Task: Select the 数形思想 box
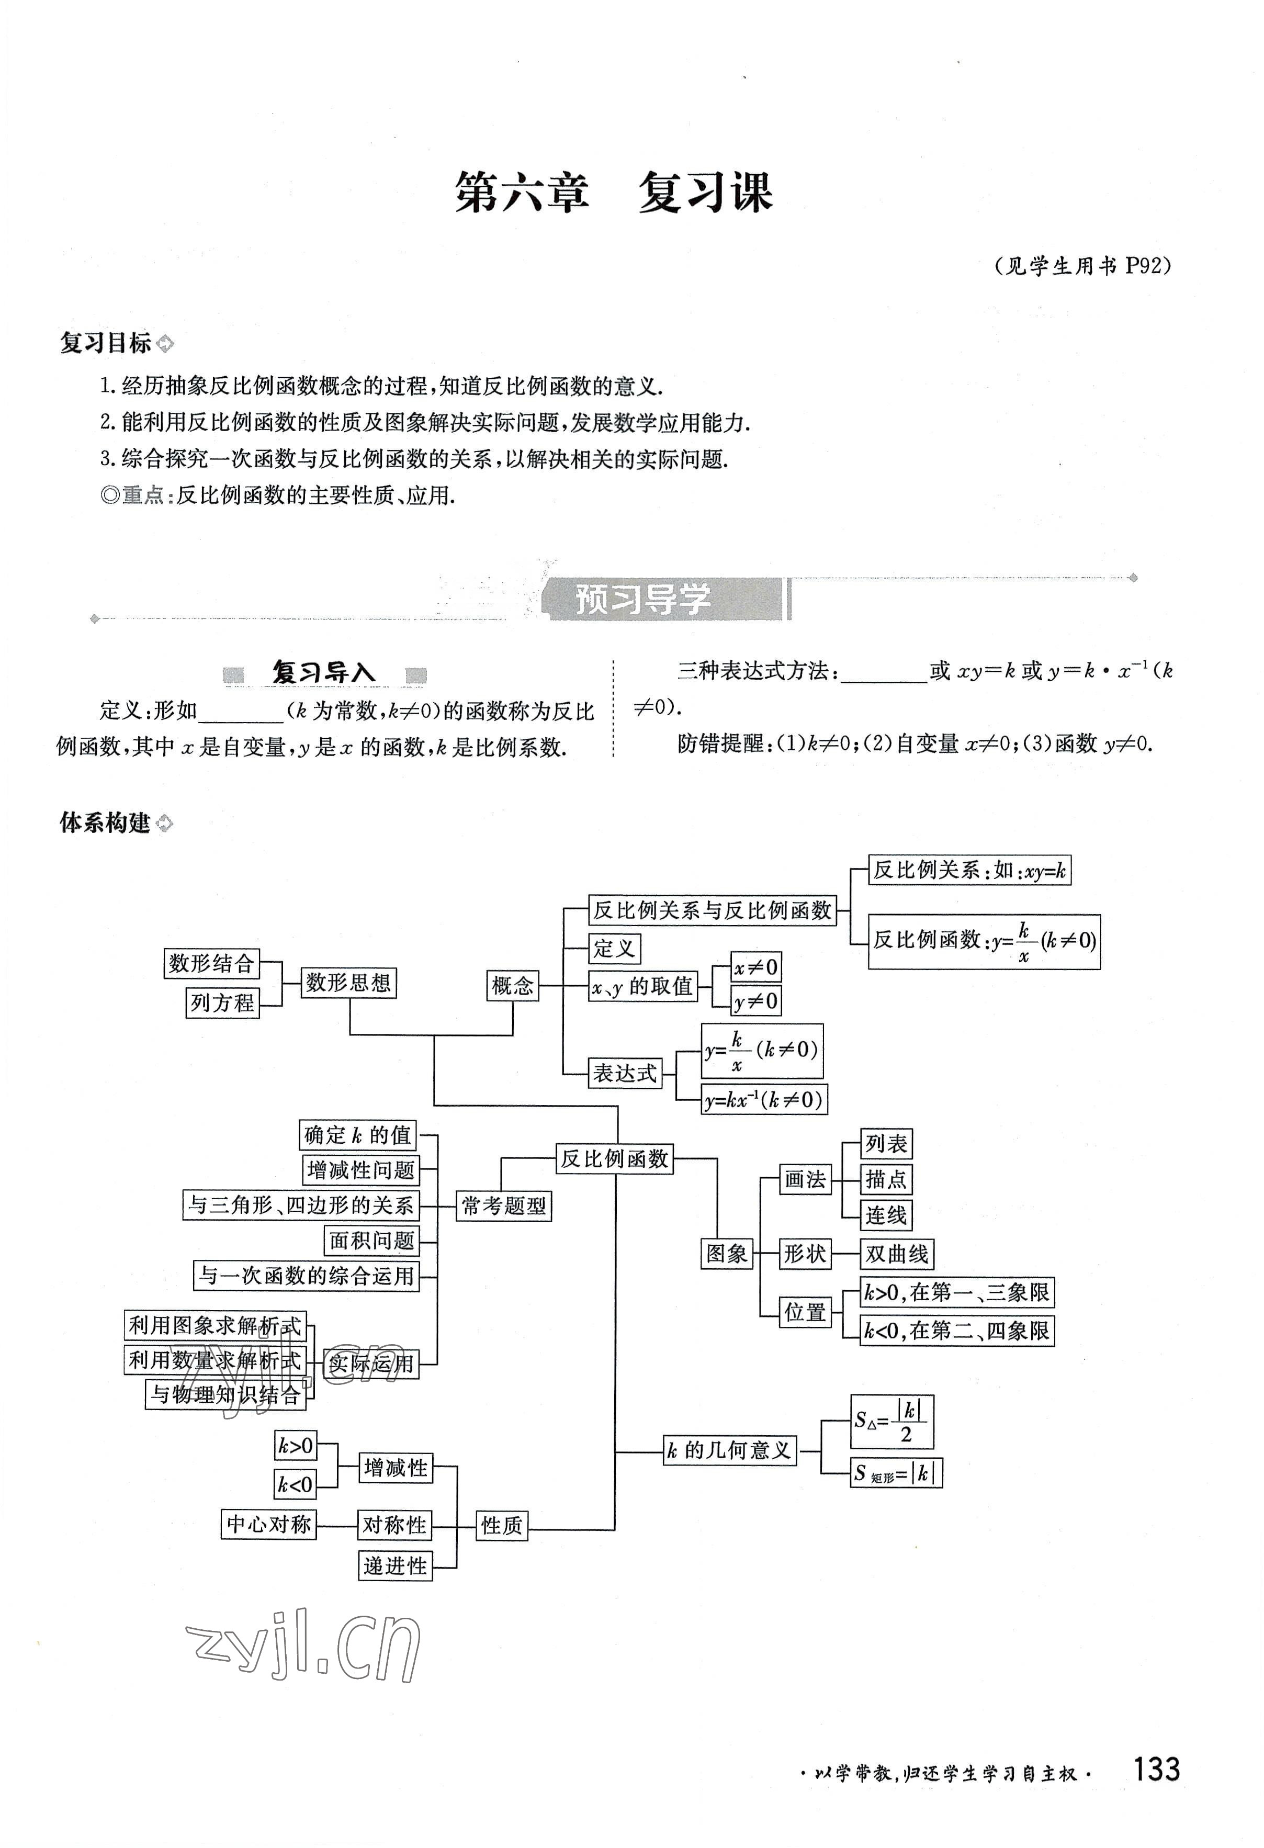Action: pyautogui.click(x=348, y=983)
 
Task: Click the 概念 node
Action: pyautogui.click(x=512, y=986)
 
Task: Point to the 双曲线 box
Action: pyautogui.click(x=897, y=1254)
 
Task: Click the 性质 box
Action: pyautogui.click(x=502, y=1525)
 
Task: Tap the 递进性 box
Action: pyautogui.click(x=395, y=1565)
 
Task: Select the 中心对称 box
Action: pyautogui.click(x=269, y=1524)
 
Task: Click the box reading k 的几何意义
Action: pyautogui.click(x=729, y=1450)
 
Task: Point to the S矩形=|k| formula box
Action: pyautogui.click(x=896, y=1473)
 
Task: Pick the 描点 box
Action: pyautogui.click(x=886, y=1179)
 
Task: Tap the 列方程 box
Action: pyautogui.click(x=222, y=1002)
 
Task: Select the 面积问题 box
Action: pyautogui.click(x=372, y=1241)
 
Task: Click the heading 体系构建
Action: pyautogui.click(x=105, y=823)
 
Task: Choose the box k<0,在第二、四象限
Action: pyautogui.click(x=956, y=1331)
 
